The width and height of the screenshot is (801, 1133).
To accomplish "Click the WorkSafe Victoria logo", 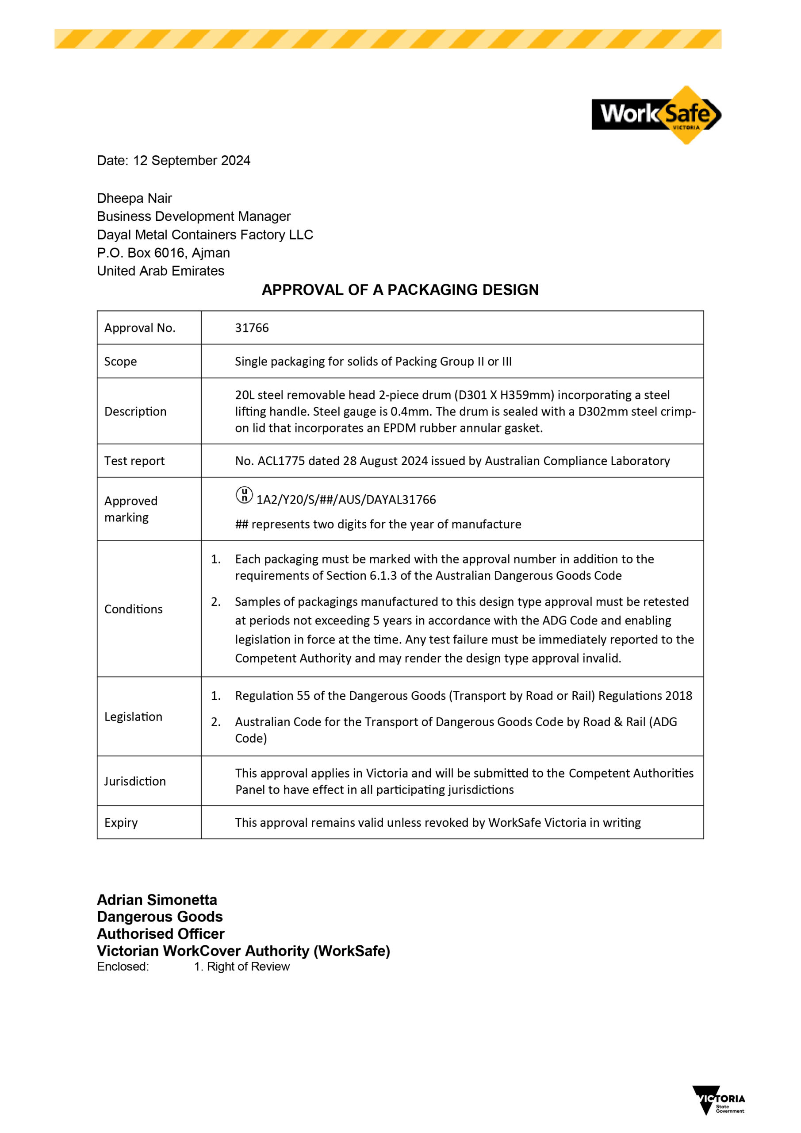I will tap(656, 115).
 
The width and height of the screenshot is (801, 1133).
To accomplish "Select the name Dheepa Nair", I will tap(134, 198).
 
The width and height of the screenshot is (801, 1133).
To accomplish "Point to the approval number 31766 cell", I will tap(252, 328).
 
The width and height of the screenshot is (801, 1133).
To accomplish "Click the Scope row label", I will tap(120, 362).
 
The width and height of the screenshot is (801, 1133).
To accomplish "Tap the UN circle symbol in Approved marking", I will tap(244, 494).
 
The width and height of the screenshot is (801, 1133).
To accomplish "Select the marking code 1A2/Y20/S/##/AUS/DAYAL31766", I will tap(346, 500).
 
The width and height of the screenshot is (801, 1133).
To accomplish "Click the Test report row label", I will tap(134, 461).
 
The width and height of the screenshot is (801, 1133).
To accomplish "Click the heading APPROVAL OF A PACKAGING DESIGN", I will tap(400, 289).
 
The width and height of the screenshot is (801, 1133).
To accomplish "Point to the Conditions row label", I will tap(133, 609).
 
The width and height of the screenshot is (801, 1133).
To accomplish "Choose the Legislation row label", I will tap(133, 717).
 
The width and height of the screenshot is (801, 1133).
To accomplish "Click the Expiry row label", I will tap(121, 823).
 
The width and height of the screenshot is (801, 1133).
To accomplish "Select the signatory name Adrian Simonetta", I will tap(157, 900).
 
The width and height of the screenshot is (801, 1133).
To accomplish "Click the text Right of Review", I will tap(248, 967).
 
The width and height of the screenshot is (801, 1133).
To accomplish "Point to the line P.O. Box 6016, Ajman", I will tap(163, 253).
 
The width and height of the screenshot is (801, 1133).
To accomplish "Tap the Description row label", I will tap(135, 412).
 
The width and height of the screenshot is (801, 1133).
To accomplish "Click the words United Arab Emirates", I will tap(160, 271).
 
